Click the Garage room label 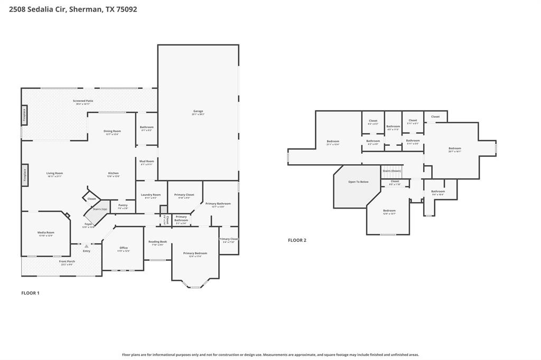coord(198,111)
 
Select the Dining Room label coord(112,131)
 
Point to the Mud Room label coord(146,161)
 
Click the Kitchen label coord(113,173)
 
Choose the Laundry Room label coord(150,195)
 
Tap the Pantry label coord(123,205)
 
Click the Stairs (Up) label coord(100,209)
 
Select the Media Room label coord(45,232)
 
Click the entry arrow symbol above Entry coord(86,246)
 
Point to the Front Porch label coord(67,261)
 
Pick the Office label coord(124,248)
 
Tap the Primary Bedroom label coord(195,253)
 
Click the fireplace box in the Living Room coord(24,175)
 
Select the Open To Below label coord(358,182)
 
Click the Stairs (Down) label coord(392,171)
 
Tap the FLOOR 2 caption coord(297,240)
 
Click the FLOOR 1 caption coord(30,293)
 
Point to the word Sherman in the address coord(84,9)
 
